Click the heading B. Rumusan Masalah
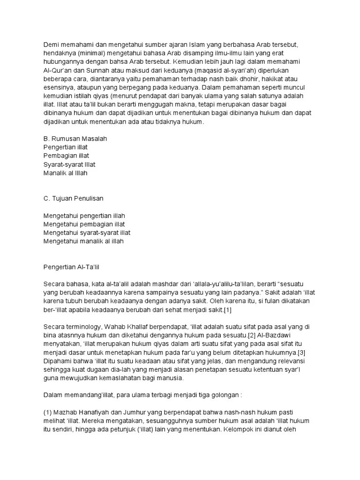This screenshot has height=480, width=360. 75,139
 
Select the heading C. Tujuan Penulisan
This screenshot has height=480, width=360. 73,198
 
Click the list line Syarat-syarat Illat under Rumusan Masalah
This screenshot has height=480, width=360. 69,165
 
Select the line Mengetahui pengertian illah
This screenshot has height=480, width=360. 84,216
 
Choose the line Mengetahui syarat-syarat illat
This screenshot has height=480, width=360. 87,232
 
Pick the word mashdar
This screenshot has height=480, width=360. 157,284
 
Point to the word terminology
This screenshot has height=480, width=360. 85,326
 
